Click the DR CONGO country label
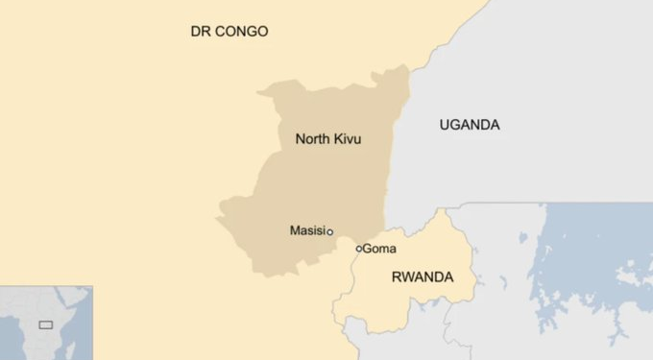(x=229, y=32)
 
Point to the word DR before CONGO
(x=200, y=32)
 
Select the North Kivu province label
(x=327, y=139)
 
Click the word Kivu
(x=347, y=139)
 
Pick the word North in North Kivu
(x=311, y=139)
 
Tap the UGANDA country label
(x=469, y=125)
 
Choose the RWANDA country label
(x=422, y=277)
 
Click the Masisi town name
(x=306, y=230)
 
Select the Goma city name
(x=379, y=249)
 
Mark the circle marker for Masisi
(x=329, y=231)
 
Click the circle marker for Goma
(x=359, y=249)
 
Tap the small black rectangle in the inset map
(x=45, y=325)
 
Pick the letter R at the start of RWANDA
(x=396, y=277)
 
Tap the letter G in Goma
(x=368, y=249)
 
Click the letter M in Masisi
(x=294, y=230)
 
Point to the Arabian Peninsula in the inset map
(x=82, y=293)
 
